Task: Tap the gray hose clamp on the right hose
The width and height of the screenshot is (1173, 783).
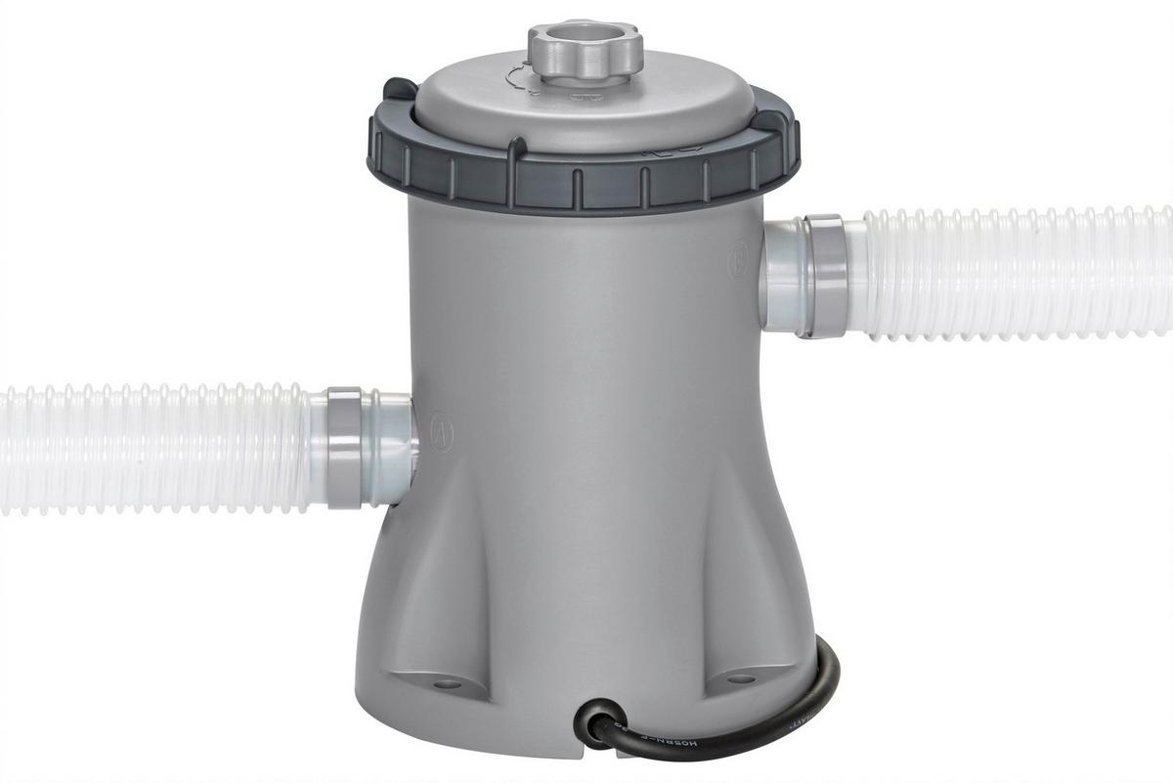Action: point(824,276)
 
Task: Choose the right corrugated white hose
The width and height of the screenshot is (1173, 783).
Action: point(1017,274)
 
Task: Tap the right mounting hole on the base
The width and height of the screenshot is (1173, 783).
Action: point(741,677)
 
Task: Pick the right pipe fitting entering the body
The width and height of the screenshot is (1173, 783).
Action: point(782,276)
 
